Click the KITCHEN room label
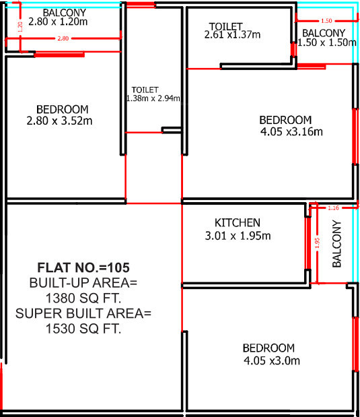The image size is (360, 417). pos(237,223)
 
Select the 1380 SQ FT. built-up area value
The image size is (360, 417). pos(84,297)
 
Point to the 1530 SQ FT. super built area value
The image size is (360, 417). pos(84,329)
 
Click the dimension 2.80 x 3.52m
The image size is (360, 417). pos(63,121)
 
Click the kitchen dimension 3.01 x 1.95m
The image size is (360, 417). pos(238,236)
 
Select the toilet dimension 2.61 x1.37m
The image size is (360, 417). pos(233,34)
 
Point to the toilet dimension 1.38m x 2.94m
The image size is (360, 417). pos(153,98)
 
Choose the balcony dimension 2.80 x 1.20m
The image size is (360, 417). pos(59,22)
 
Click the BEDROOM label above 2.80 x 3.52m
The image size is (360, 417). pos(63,109)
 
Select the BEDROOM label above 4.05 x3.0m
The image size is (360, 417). pos(268,348)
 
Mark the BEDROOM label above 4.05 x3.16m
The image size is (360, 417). pos(285,120)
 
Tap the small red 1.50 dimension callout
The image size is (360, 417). pos(326,21)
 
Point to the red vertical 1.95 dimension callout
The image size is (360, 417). pos(317,243)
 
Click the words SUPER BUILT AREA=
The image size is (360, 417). pos(84,313)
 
